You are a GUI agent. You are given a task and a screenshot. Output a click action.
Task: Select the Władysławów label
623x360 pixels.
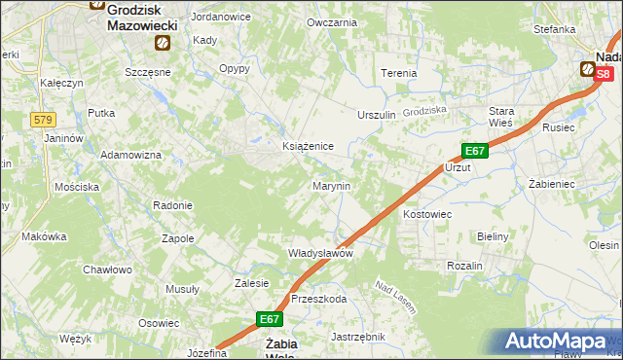click(x=319, y=253)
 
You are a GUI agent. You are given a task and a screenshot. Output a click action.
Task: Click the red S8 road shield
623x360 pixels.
click(x=605, y=74)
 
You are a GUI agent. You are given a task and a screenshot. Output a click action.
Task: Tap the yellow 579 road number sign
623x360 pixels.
click(x=42, y=119)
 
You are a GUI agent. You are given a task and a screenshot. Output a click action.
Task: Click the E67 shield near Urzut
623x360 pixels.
click(x=474, y=151)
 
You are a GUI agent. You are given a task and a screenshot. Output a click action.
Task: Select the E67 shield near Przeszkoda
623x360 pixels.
click(x=270, y=318)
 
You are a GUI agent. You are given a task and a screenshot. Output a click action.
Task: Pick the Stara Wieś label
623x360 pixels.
click(x=501, y=117)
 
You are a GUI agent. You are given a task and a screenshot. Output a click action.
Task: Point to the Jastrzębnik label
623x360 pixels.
click(x=358, y=337)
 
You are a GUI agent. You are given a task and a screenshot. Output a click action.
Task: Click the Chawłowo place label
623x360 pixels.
click(x=107, y=270)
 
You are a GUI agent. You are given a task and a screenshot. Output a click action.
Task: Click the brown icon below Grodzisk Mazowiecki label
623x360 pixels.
click(x=162, y=43)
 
